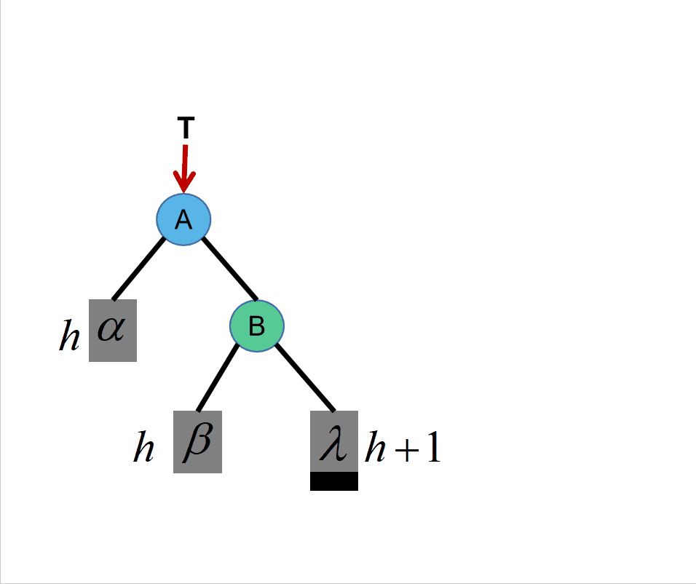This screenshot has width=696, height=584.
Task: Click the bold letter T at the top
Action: click(x=186, y=128)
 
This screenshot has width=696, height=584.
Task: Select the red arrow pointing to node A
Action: click(x=185, y=167)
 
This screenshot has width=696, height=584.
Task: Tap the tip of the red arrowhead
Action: click(x=185, y=192)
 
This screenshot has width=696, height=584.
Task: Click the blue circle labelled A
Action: click(x=184, y=219)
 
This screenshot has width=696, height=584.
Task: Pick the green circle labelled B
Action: click(x=257, y=326)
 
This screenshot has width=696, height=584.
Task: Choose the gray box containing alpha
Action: click(x=113, y=330)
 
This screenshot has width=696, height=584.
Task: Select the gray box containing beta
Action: click(x=197, y=442)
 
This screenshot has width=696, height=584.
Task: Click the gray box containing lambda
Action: click(x=334, y=441)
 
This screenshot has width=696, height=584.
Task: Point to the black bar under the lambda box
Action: click(x=334, y=481)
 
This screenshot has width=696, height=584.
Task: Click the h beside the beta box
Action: click(x=143, y=449)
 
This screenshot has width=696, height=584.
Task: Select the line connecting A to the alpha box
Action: click(x=139, y=269)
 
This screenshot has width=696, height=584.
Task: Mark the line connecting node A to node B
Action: click(x=229, y=269)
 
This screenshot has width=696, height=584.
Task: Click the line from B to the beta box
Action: click(x=218, y=377)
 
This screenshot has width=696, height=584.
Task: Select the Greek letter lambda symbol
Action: click(x=333, y=441)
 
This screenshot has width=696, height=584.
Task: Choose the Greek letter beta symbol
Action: click(x=197, y=441)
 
